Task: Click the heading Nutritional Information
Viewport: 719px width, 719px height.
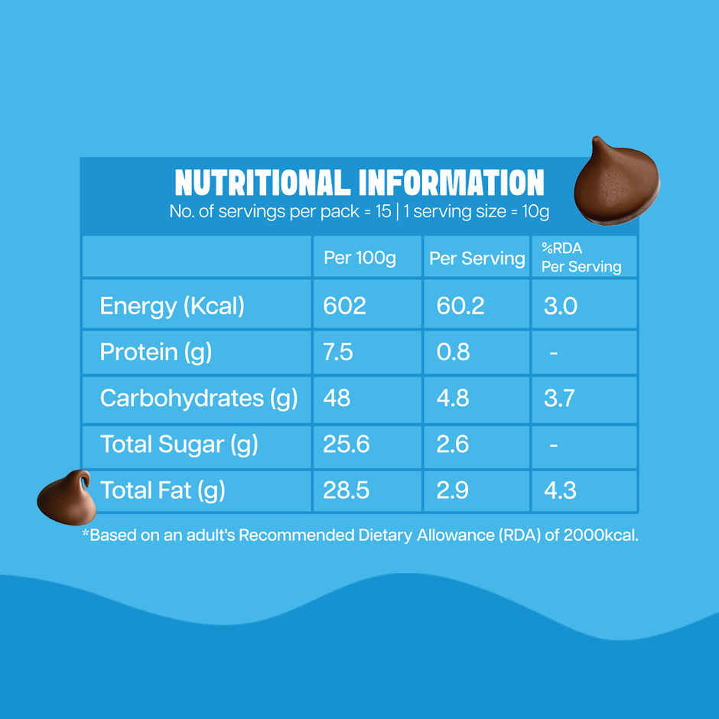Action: tap(359, 183)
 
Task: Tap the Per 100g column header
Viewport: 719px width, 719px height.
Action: tap(359, 258)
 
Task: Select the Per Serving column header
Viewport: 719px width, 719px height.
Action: tap(477, 258)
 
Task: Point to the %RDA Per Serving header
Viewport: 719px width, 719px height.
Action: tap(581, 258)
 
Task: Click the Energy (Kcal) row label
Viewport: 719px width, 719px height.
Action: tap(172, 306)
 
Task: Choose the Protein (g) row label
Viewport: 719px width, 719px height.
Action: tap(156, 352)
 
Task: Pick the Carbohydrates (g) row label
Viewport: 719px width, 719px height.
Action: tap(198, 399)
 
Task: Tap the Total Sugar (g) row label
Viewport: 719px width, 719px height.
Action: tap(179, 444)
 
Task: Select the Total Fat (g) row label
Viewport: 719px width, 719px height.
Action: tap(162, 490)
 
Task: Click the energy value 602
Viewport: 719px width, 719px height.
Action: tap(345, 306)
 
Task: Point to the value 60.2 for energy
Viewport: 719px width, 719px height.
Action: tap(460, 306)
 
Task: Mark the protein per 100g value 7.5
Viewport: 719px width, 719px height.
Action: tap(338, 352)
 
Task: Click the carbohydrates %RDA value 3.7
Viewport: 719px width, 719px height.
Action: tap(558, 399)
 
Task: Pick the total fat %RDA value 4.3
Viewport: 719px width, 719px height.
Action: tap(559, 490)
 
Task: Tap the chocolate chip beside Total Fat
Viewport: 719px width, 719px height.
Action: tap(67, 497)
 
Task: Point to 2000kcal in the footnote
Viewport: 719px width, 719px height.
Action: tap(599, 535)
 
